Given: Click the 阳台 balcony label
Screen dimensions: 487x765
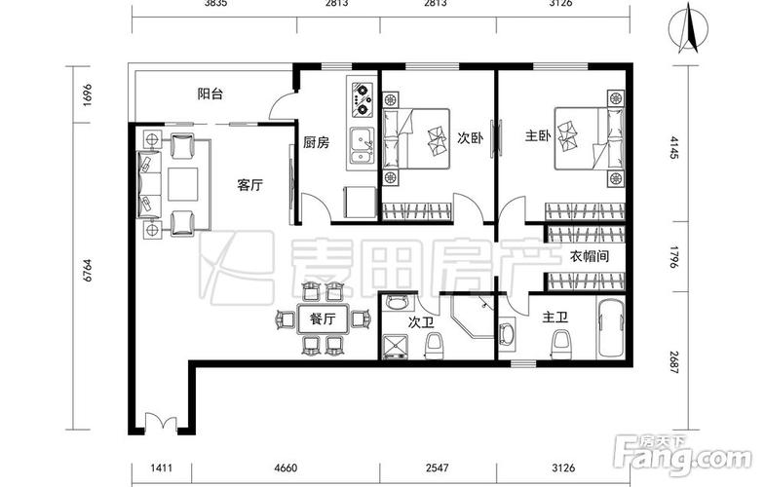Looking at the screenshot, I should point(210,94).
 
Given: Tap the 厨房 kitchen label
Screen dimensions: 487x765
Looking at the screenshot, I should point(315,142).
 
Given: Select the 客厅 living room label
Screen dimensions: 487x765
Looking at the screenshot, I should point(250,185).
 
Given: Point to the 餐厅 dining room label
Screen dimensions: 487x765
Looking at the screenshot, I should point(323,318).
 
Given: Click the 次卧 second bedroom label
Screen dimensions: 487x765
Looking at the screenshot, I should point(471,138).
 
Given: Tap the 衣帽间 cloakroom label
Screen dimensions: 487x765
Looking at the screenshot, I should point(590,257).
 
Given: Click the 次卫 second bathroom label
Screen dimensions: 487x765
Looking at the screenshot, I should point(420,320).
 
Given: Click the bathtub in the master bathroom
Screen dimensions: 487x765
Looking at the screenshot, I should point(611,331).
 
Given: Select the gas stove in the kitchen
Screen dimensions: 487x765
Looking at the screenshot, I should point(361,96).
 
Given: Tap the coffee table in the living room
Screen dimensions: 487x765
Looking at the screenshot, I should point(182,183).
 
